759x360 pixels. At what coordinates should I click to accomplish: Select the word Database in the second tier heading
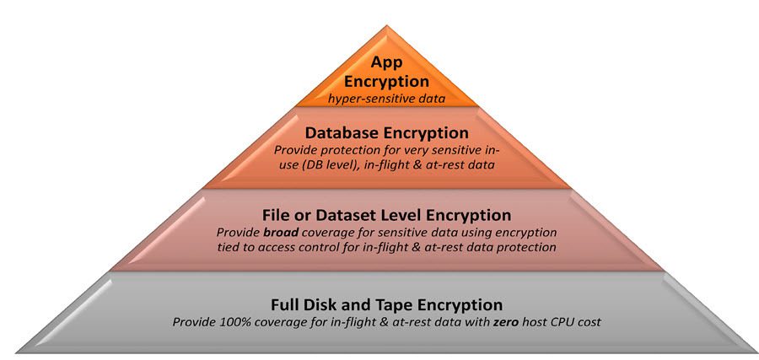341,132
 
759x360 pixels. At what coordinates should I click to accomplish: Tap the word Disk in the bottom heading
326,304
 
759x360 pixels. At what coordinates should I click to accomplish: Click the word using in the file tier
451,232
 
